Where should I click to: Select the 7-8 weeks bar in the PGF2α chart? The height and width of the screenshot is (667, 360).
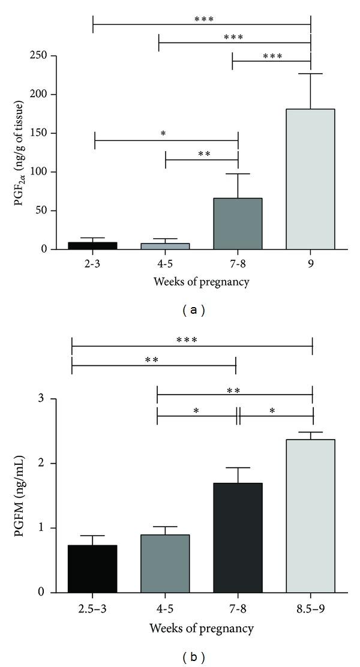238,223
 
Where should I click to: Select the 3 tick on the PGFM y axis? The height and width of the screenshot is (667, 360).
44,399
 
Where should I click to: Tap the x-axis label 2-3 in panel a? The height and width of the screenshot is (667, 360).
93,263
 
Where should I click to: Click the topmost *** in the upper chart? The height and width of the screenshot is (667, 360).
204,19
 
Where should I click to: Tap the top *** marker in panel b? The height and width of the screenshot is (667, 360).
187,339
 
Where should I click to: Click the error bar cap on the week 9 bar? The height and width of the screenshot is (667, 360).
310,74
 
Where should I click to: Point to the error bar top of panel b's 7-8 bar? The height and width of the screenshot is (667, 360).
238,468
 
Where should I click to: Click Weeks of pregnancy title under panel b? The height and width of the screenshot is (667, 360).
193,628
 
